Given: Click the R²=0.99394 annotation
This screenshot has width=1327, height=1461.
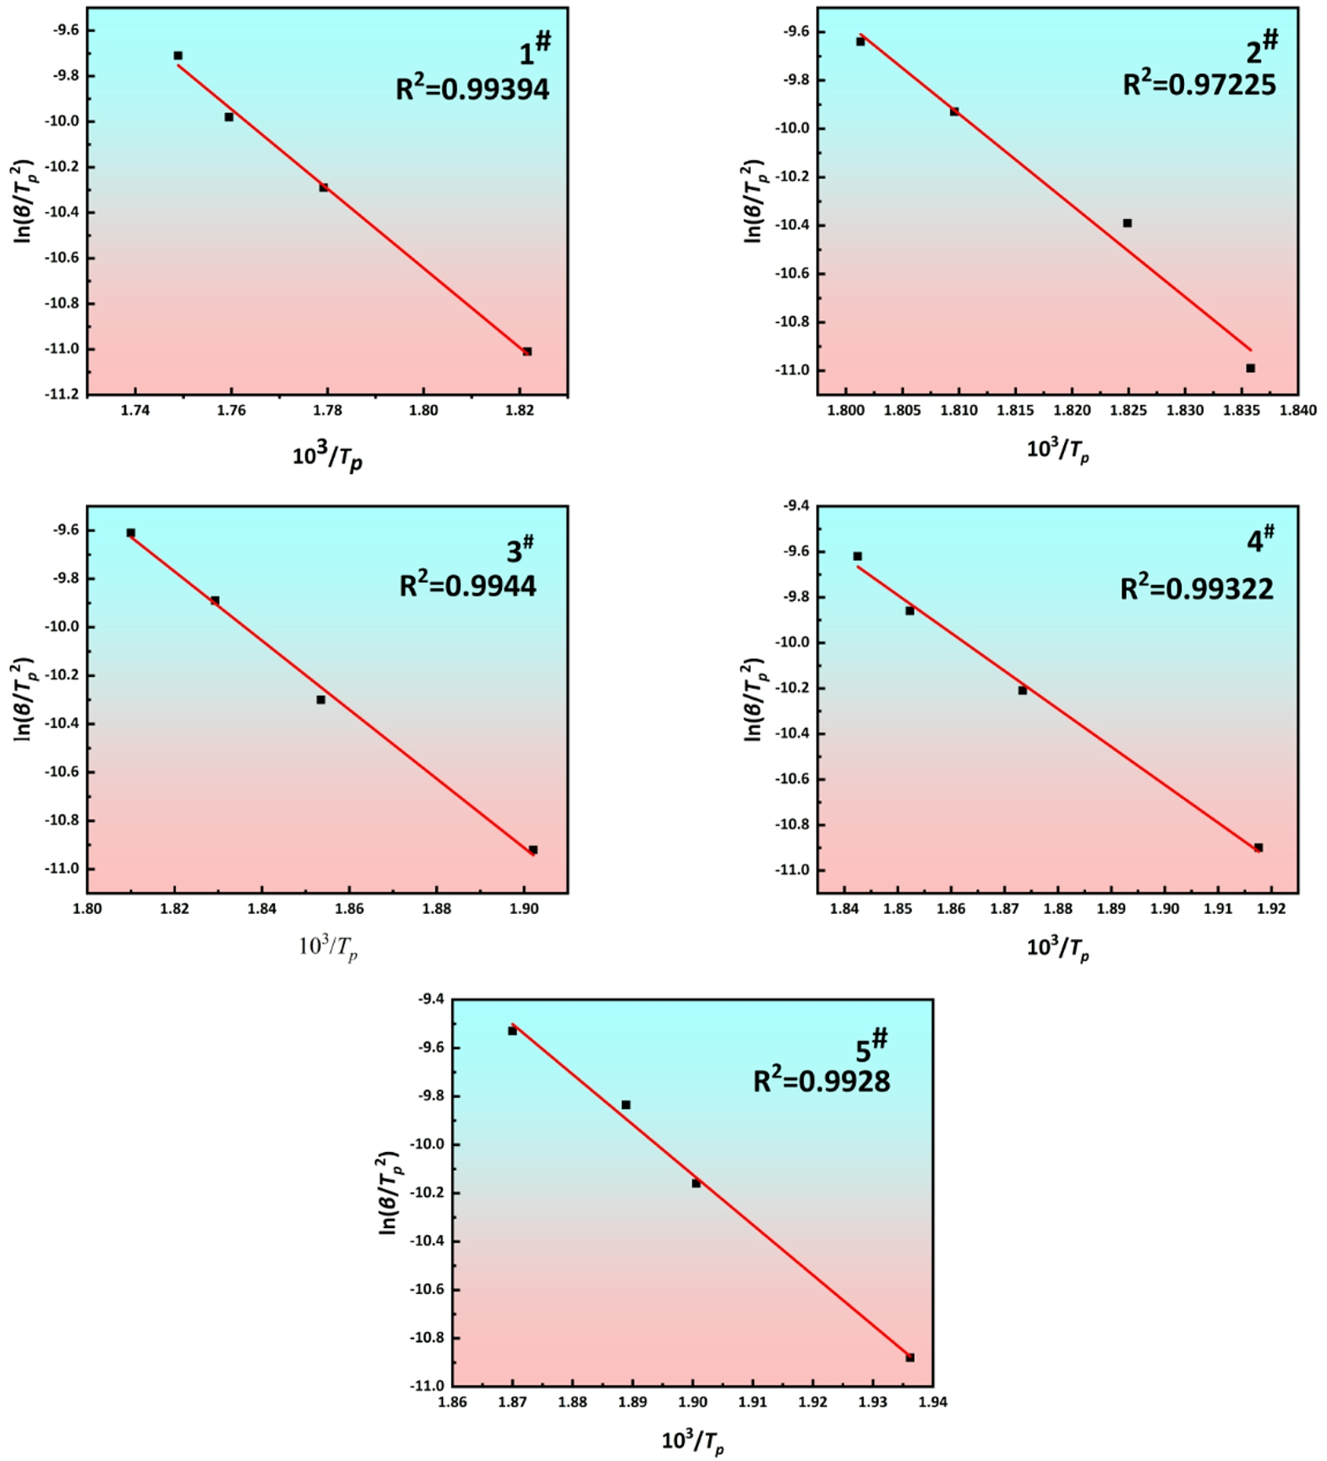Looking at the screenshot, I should coord(473,89).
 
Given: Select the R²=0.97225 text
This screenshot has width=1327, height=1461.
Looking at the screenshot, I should coord(1199,85).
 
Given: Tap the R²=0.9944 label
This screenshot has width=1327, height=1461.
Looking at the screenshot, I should coord(467,585).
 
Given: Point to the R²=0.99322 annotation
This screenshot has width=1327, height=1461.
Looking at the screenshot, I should coord(1197,589).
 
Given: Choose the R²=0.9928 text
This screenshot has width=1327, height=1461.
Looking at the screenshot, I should coord(822,1081).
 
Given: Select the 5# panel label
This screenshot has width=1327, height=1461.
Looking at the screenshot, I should coord(871,1047).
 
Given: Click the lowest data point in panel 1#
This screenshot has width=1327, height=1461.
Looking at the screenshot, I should coord(527,351).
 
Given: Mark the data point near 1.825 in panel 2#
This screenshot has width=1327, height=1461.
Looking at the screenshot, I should coord(1127,223).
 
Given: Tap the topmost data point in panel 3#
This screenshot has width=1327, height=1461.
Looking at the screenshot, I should coord(130,533).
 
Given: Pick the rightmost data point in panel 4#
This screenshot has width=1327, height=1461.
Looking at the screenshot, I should coord(1258,847).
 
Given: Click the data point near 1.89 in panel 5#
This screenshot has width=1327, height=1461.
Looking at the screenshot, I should coord(626,1104).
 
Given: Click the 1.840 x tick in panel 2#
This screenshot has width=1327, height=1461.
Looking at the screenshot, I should coord(1298,411).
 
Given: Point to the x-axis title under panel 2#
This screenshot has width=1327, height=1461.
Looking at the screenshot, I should coord(1057,451).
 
